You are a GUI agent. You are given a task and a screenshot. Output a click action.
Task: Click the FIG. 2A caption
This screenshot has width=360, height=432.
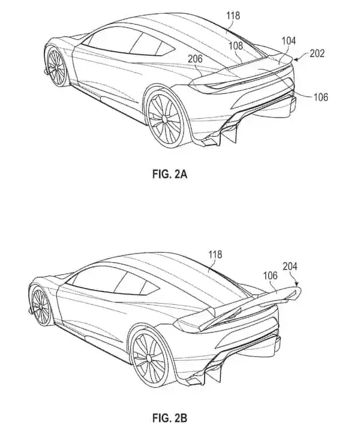[170, 175]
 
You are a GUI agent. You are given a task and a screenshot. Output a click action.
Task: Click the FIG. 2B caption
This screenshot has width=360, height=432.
[170, 418]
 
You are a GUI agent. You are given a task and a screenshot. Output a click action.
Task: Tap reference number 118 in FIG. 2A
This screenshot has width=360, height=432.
[233, 16]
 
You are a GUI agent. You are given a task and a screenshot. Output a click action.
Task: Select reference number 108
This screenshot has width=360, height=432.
[236, 46]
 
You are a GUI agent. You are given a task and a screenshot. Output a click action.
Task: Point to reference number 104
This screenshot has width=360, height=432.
[289, 41]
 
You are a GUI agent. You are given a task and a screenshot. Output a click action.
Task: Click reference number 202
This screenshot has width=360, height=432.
[317, 53]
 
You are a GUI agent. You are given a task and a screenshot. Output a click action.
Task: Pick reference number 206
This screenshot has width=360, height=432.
[195, 59]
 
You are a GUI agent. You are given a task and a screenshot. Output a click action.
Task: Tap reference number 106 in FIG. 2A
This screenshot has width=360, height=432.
[321, 97]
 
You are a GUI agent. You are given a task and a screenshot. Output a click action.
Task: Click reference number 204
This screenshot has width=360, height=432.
[290, 266]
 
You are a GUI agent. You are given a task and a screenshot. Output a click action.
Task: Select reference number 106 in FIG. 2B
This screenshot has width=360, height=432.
[271, 275]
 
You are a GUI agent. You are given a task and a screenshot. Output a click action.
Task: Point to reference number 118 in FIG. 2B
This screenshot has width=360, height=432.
[215, 254]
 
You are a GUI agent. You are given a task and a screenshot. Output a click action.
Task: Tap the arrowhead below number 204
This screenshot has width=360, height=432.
[296, 283]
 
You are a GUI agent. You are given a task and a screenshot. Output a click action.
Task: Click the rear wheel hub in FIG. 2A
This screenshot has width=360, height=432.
[165, 119]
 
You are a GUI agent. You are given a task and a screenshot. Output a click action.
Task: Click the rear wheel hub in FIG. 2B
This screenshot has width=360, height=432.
[149, 358]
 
